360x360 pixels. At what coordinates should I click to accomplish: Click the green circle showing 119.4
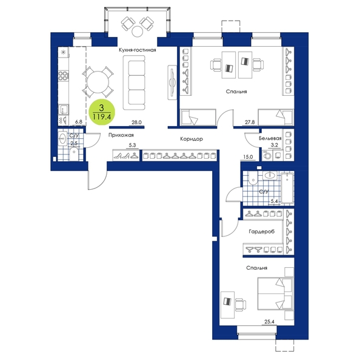[101, 113]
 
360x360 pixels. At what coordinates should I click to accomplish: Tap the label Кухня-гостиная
[138, 50]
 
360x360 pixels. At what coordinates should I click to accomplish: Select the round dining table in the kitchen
[98, 82]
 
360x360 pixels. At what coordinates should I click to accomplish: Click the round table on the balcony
[138, 32]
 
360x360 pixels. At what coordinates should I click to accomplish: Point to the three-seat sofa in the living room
[134, 82]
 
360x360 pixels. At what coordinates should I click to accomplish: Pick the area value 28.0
[136, 122]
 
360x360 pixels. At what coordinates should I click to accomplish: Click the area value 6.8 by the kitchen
[79, 122]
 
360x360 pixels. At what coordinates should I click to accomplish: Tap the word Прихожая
[121, 136]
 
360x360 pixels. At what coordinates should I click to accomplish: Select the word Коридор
[192, 139]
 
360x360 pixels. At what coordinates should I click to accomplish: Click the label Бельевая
[270, 138]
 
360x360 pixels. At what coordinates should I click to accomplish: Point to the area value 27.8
[250, 122]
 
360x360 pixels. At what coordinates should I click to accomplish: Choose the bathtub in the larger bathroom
[287, 188]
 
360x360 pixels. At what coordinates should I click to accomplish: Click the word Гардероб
[261, 232]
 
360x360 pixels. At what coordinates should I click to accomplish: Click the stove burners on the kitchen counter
[63, 76]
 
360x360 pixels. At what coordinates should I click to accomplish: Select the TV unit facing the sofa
[172, 82]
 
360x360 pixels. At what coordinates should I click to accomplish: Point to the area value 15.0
[248, 157]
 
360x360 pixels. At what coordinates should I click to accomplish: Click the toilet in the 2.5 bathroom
[74, 153]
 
